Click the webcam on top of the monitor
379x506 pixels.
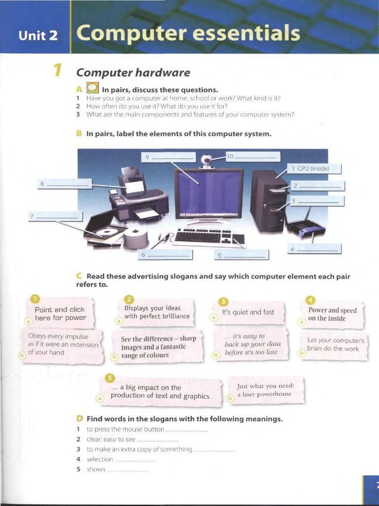pyautogui.click(x=206, y=160)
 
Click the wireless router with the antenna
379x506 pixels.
pyautogui.click(x=306, y=228)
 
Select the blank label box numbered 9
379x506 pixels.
pyautogui.click(x=168, y=157)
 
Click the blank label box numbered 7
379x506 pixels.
pyautogui.click(x=55, y=217)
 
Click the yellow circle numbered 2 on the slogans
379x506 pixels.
pyautogui.click(x=129, y=299)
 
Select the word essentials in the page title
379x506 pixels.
pyautogui.click(x=249, y=34)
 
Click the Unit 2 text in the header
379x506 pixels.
pyautogui.click(x=38, y=36)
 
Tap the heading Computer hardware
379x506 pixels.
pyautogui.click(x=133, y=73)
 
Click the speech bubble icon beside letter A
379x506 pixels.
pyautogui.click(x=92, y=88)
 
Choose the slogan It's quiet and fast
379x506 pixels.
pyautogui.click(x=248, y=312)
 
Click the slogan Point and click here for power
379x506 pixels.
pyautogui.click(x=60, y=314)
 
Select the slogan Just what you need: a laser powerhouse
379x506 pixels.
pyautogui.click(x=265, y=390)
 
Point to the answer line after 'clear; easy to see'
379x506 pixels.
pyautogui.click(x=157, y=440)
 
